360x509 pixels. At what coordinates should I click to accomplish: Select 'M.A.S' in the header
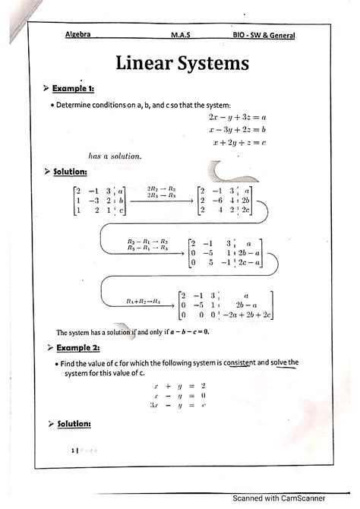[x=182, y=34]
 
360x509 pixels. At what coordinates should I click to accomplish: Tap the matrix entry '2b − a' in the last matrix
[x=245, y=302]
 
